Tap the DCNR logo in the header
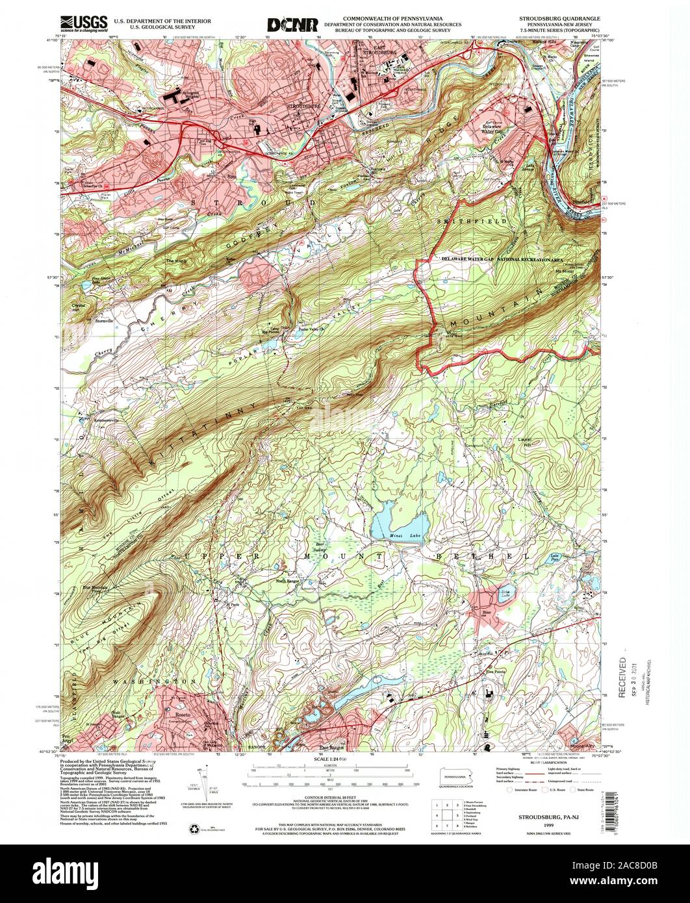292,25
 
